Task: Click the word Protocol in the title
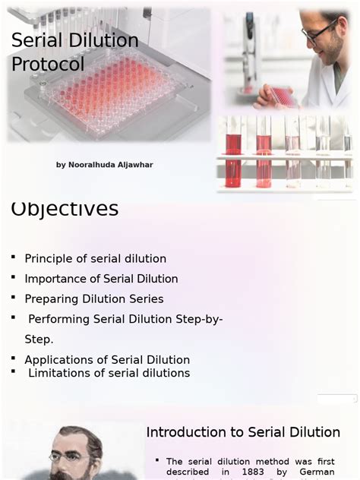(48, 65)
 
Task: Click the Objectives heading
(65, 209)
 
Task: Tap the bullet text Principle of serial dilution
(95, 259)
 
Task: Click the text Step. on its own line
(39, 339)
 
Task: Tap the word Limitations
(60, 373)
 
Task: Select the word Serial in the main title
(38, 41)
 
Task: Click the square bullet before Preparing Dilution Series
(14, 298)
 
